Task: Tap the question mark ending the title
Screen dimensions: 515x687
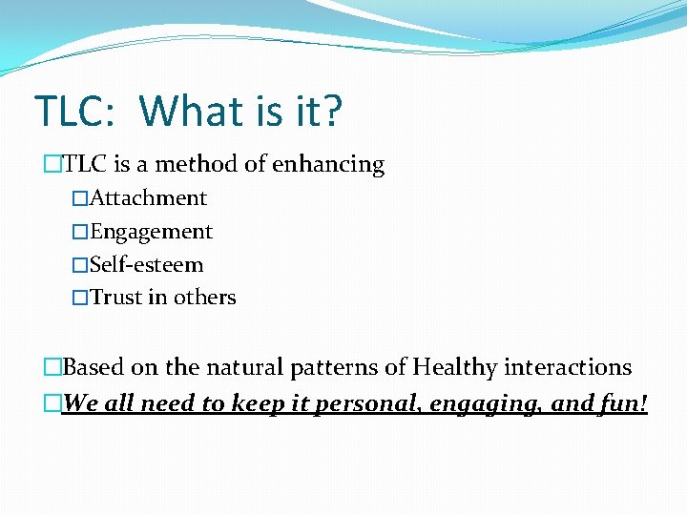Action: coord(329,112)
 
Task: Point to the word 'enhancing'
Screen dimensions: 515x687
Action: coord(328,165)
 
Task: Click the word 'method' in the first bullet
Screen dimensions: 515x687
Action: coord(198,164)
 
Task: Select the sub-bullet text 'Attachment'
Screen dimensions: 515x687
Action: coord(148,198)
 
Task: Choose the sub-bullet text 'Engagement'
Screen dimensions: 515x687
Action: coord(151,232)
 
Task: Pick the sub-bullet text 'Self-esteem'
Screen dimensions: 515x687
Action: coord(146,264)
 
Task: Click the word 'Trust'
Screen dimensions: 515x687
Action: coord(115,298)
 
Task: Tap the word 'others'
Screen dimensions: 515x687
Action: coord(204,298)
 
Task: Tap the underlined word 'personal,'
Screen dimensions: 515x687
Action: coord(368,404)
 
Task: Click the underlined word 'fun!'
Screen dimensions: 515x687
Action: coord(624,403)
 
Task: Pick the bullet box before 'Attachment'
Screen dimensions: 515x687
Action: coord(80,199)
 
